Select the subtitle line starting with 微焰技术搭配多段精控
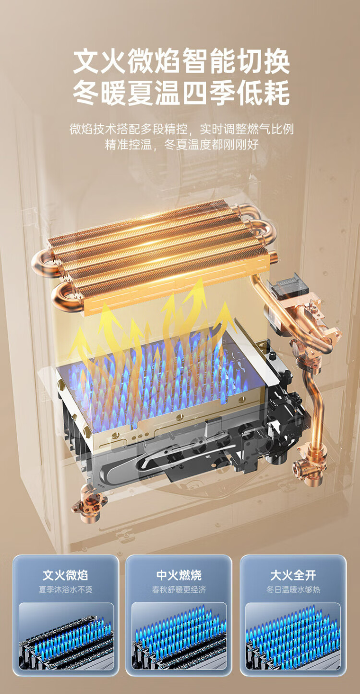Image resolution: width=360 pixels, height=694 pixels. (181, 129)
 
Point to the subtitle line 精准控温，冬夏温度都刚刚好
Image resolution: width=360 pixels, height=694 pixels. (181, 145)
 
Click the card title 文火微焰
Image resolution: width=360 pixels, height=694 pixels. (65, 575)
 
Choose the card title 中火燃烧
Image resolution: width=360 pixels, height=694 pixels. (179, 575)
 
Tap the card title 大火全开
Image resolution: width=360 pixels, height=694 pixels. (293, 575)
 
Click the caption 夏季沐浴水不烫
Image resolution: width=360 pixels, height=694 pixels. (65, 589)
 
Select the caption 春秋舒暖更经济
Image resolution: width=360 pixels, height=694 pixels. (179, 589)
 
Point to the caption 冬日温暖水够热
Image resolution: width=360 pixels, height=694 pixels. (293, 589)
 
